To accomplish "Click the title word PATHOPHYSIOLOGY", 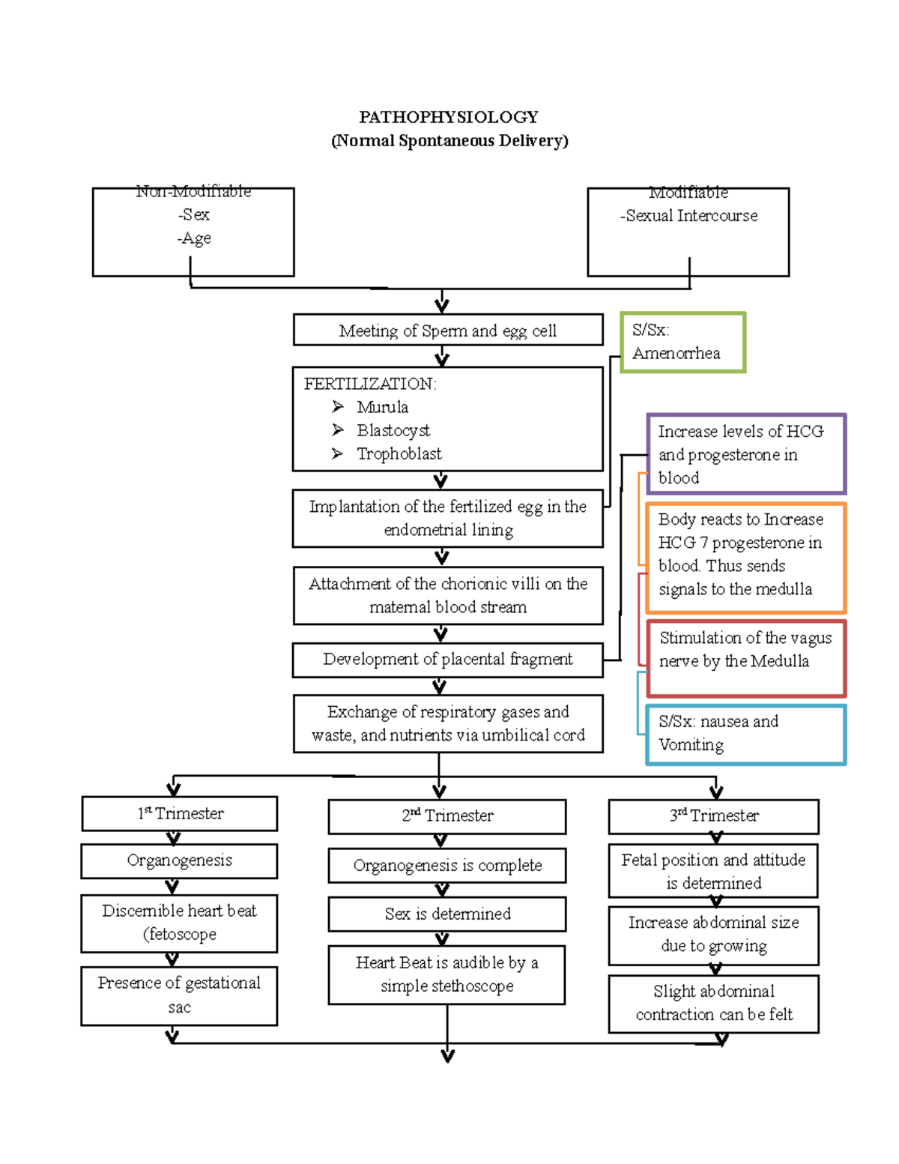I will pyautogui.click(x=448, y=117).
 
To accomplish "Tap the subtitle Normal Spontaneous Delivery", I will pyautogui.click(x=449, y=141).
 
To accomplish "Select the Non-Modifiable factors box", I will pyautogui.click(x=193, y=232).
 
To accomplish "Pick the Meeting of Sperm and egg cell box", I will pyautogui.click(x=447, y=330).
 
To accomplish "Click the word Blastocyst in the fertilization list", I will pyautogui.click(x=393, y=430).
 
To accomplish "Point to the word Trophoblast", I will pyautogui.click(x=399, y=453).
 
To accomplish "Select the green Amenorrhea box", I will pyautogui.click(x=682, y=343).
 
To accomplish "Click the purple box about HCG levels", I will pyautogui.click(x=746, y=454).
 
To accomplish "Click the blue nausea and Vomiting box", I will pyautogui.click(x=746, y=735).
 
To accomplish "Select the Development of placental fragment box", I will pyautogui.click(x=447, y=660).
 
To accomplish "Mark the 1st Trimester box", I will pyautogui.click(x=180, y=813).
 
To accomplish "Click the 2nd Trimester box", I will pyautogui.click(x=447, y=816).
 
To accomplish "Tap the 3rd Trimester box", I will pyautogui.click(x=713, y=816).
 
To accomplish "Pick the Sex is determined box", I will pyautogui.click(x=447, y=914).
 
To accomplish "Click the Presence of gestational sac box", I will pyautogui.click(x=179, y=995).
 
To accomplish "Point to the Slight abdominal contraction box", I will pyautogui.click(x=713, y=1004).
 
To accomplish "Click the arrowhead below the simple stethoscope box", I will pyautogui.click(x=448, y=1056).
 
